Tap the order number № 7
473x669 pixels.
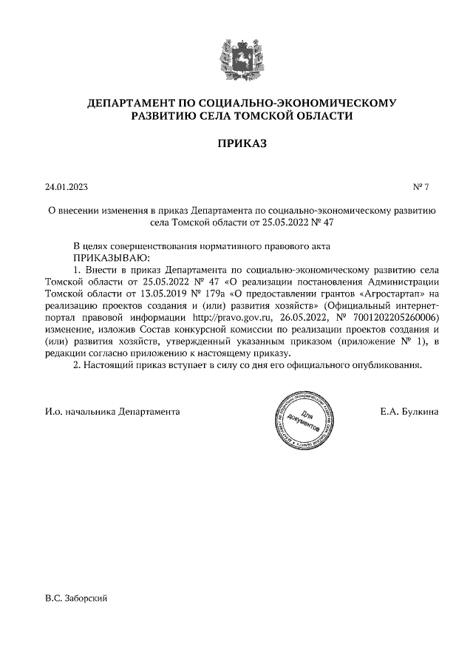(x=421, y=188)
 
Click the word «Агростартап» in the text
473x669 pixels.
(x=394, y=293)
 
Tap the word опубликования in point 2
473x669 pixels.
(x=387, y=366)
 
